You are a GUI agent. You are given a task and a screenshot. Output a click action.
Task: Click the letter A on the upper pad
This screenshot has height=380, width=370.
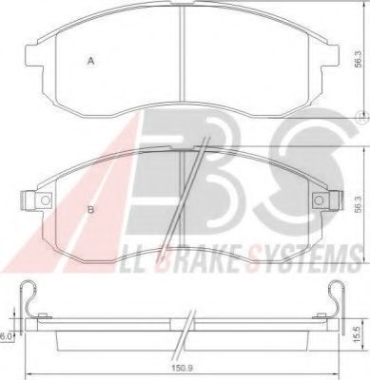tap(90, 60)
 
